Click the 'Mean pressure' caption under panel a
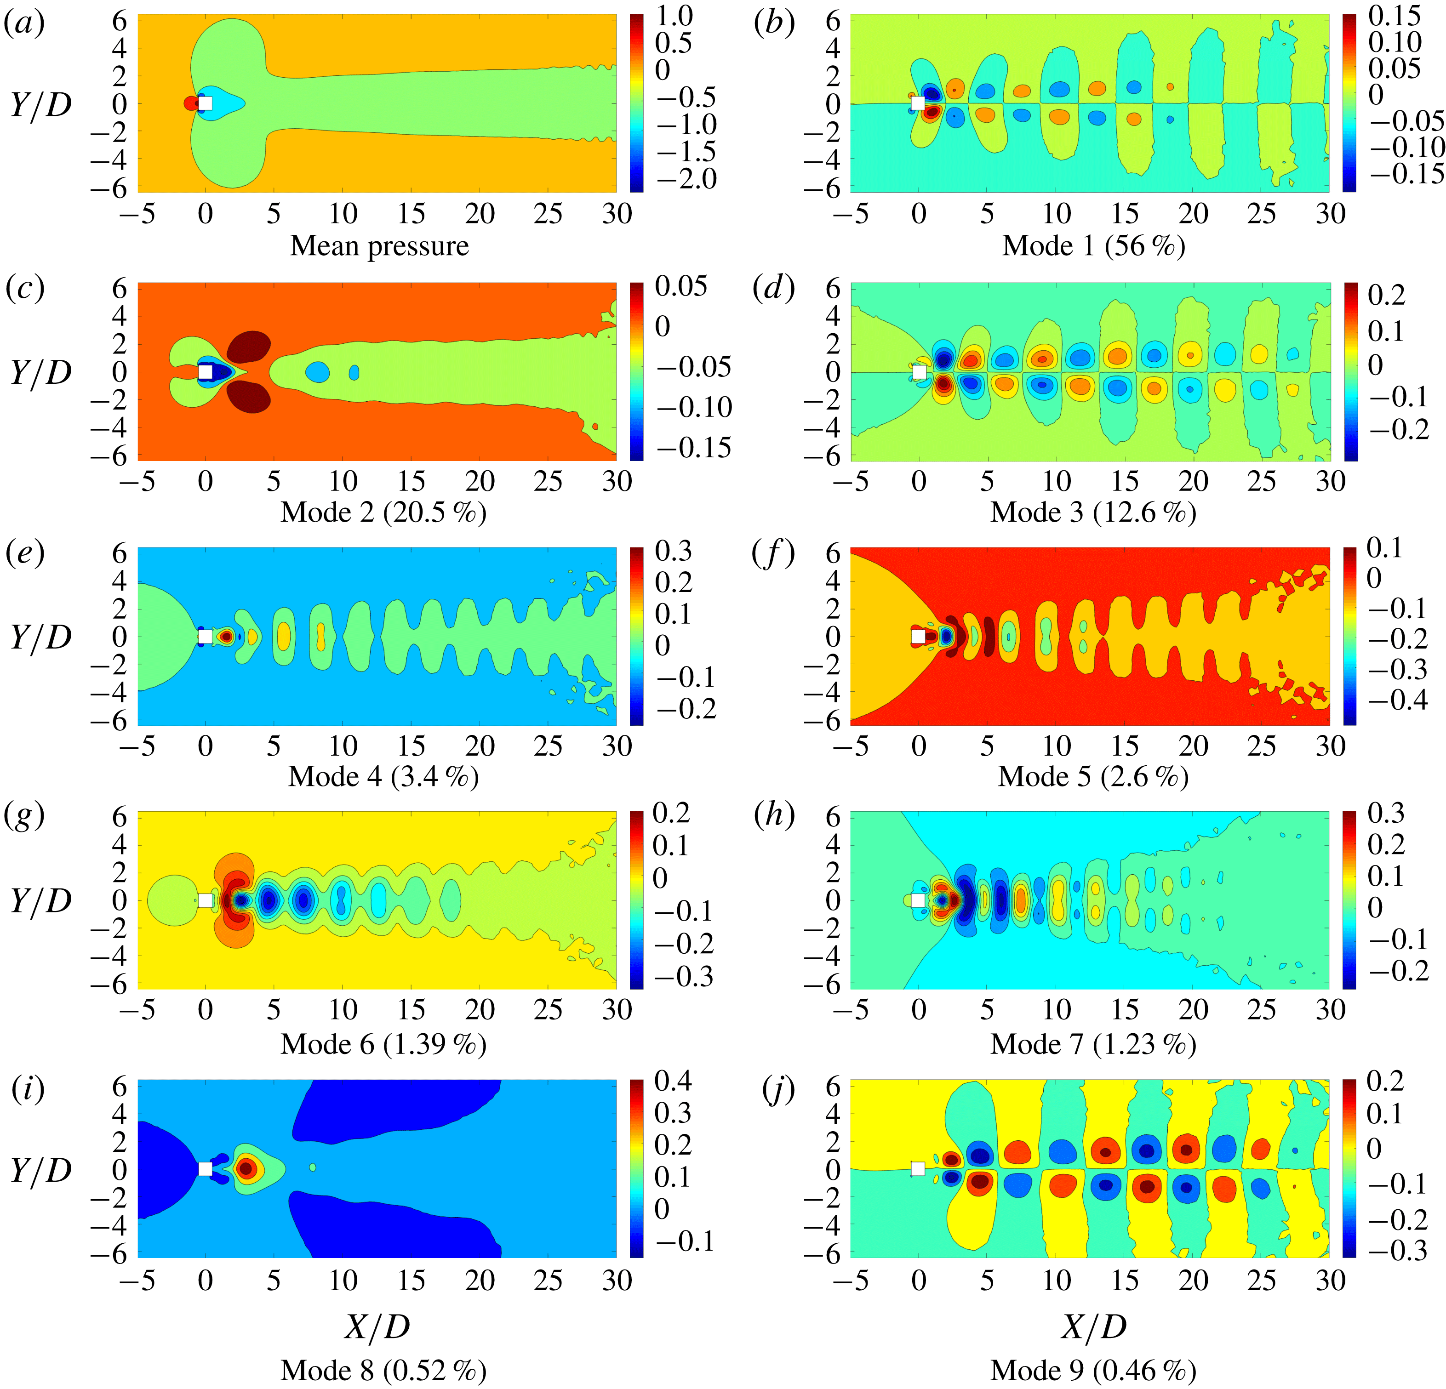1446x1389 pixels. tap(379, 245)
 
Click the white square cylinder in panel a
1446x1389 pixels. tap(205, 103)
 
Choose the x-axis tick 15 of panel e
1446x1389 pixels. tap(411, 746)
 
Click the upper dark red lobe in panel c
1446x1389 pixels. tap(249, 344)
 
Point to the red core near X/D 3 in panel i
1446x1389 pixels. tap(246, 1168)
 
